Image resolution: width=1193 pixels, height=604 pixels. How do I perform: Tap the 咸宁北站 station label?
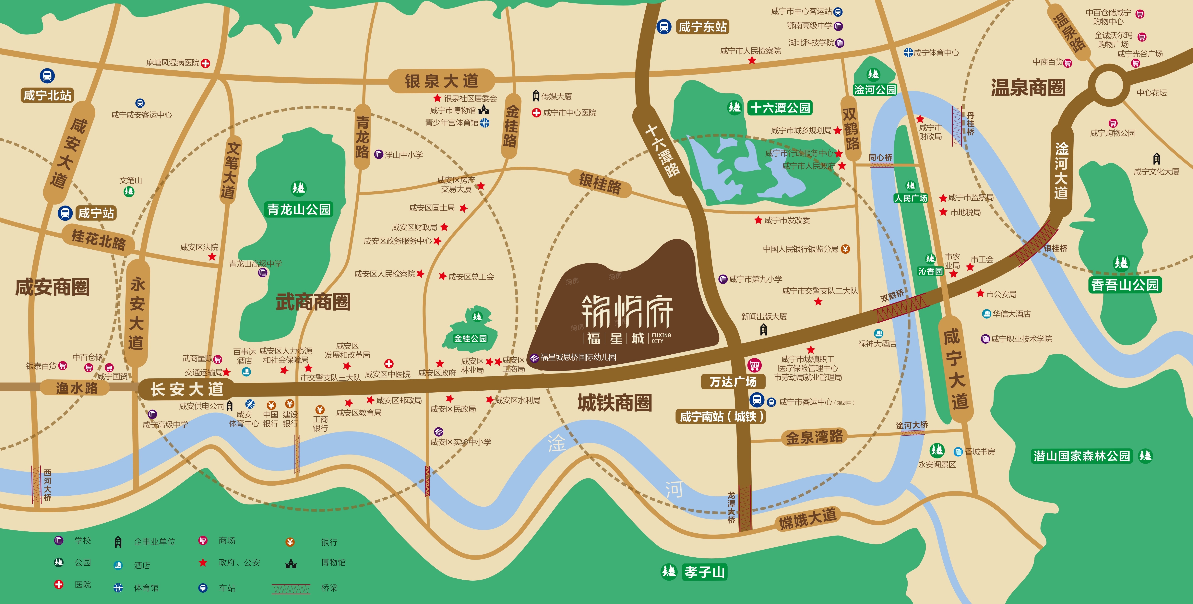coord(47,95)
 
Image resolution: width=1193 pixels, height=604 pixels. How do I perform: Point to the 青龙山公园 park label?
coord(299,209)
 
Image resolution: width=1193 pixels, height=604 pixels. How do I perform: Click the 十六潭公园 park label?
coord(780,108)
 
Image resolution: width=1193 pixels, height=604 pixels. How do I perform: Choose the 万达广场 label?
coord(733,382)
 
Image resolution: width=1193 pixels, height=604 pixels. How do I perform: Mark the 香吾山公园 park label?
coord(1125,284)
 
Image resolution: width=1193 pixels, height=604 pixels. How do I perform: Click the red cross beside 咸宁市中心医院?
coord(536,113)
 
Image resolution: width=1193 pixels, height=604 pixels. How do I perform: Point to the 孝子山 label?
coord(704,573)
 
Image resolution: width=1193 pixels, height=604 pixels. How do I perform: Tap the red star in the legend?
coord(203,563)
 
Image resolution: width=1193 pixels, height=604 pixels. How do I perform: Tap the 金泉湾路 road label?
coord(814,437)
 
